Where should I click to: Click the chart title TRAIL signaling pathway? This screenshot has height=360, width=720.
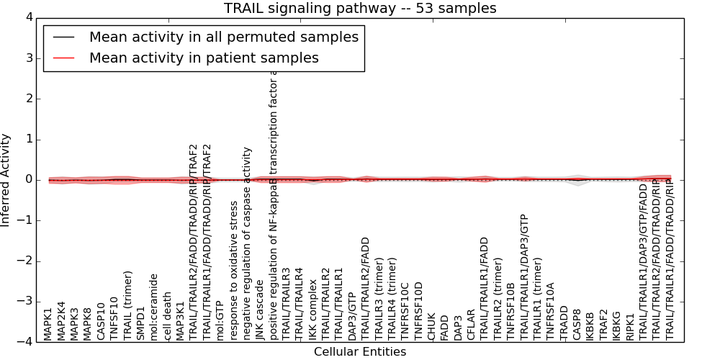(360, 9)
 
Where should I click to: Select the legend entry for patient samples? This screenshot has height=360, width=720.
(204, 58)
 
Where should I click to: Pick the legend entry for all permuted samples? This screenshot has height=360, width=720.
(223, 37)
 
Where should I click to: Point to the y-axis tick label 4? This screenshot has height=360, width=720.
(28, 18)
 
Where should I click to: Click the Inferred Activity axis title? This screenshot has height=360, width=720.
(6, 180)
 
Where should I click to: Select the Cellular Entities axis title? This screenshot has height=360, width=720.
(360, 351)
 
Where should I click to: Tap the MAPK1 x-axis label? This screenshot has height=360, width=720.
(48, 324)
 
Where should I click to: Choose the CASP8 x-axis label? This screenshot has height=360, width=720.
(577, 325)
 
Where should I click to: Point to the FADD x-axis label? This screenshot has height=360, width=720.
(444, 328)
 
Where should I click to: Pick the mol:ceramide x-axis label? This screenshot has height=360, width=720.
(153, 306)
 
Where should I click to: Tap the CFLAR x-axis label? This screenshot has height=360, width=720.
(471, 325)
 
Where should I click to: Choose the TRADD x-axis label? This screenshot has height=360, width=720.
(564, 325)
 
